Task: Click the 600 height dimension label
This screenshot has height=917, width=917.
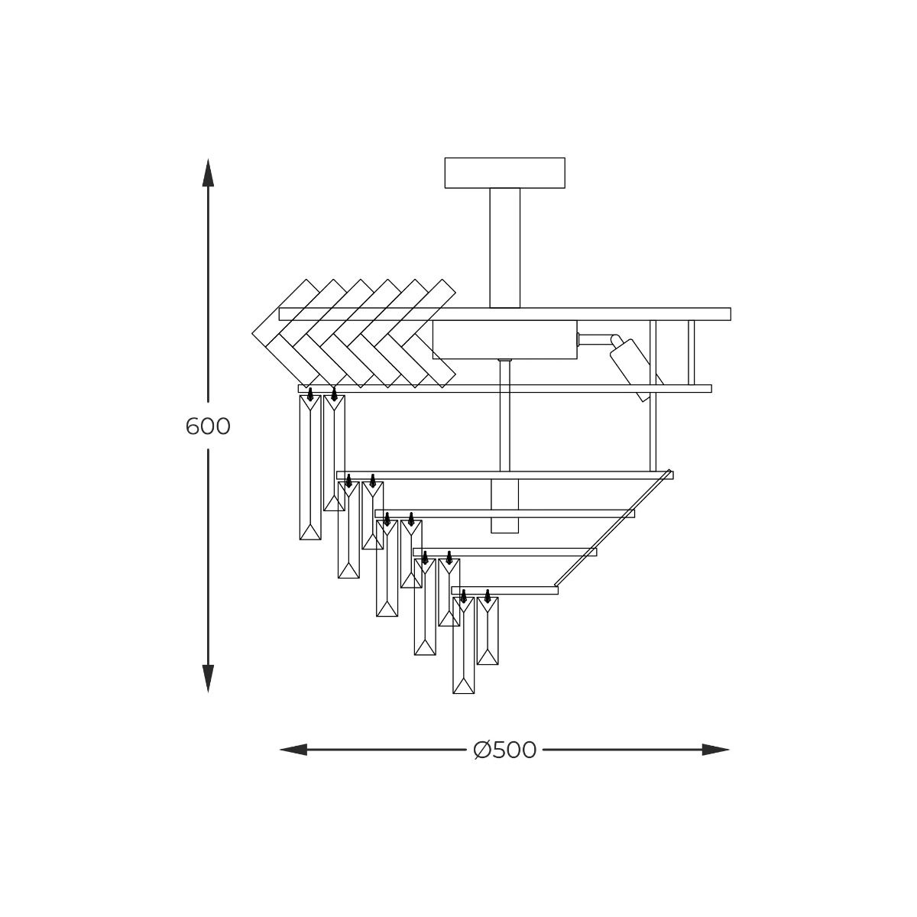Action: pyautogui.click(x=208, y=426)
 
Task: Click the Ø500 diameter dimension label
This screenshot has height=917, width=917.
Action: pyautogui.click(x=505, y=750)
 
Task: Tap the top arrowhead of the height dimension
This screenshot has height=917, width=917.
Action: pyautogui.click(x=208, y=172)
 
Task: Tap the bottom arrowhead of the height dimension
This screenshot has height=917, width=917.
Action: pyautogui.click(x=208, y=679)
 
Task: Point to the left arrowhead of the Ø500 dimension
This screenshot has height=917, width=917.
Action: pyautogui.click(x=293, y=750)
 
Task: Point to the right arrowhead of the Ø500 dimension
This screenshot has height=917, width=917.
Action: pyautogui.click(x=716, y=750)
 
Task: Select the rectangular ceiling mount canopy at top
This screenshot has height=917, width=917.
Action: pyautogui.click(x=505, y=173)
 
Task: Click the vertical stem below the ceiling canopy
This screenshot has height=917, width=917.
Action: pyautogui.click(x=505, y=248)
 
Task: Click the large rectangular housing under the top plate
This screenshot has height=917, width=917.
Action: pyautogui.click(x=505, y=339)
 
